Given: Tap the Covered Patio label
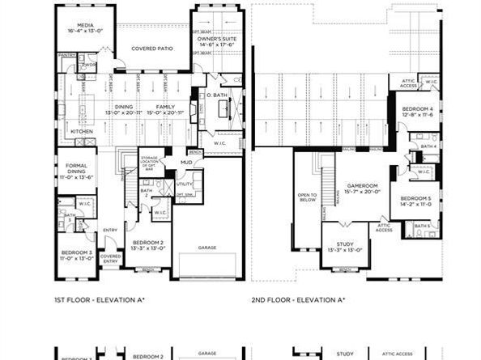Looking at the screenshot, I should [x=151, y=48].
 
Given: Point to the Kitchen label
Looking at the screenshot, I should [x=82, y=131].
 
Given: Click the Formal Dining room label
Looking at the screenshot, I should [x=77, y=172].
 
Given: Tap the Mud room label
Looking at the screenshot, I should [x=186, y=163].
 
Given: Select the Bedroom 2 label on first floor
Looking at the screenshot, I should [x=148, y=244].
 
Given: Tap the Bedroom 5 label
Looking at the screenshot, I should [x=415, y=201].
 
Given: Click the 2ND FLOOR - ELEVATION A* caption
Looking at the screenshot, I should [x=299, y=299].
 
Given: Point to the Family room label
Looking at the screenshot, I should [x=165, y=109].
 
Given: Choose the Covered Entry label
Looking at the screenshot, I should [x=111, y=258].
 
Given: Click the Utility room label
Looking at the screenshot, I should [x=184, y=184].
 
